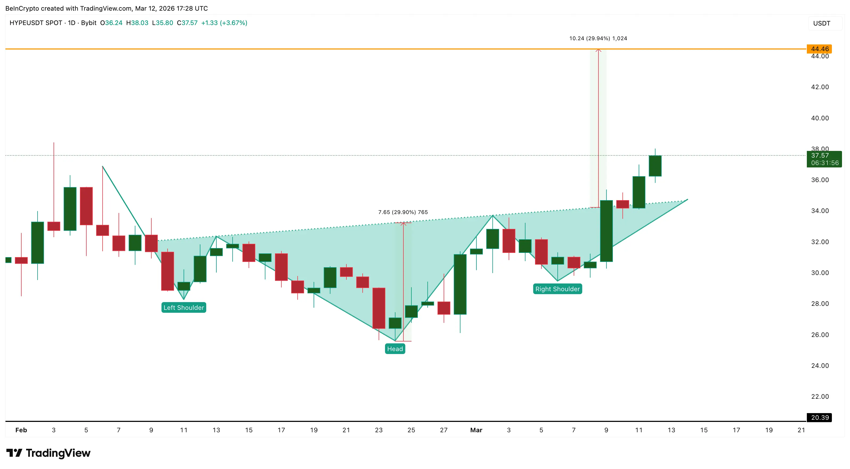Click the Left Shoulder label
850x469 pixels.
(184, 307)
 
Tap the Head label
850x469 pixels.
(395, 349)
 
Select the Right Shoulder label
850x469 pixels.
(557, 289)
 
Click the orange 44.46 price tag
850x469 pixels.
(819, 49)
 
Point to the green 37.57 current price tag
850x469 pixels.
(824, 159)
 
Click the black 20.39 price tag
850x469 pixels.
(819, 418)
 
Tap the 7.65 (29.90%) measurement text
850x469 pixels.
(403, 212)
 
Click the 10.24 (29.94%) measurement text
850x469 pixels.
(598, 38)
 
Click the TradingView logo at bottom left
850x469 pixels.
(48, 453)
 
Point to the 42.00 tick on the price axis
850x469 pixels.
(820, 87)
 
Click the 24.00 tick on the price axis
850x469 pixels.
(820, 365)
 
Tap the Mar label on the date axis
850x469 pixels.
(476, 430)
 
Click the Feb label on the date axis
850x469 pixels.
(21, 430)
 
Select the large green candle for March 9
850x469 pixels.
(606, 231)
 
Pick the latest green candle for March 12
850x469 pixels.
(655, 166)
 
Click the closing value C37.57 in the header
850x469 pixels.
(187, 23)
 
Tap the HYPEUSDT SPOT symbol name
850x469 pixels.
(36, 23)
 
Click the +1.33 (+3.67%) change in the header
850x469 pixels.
(224, 23)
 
